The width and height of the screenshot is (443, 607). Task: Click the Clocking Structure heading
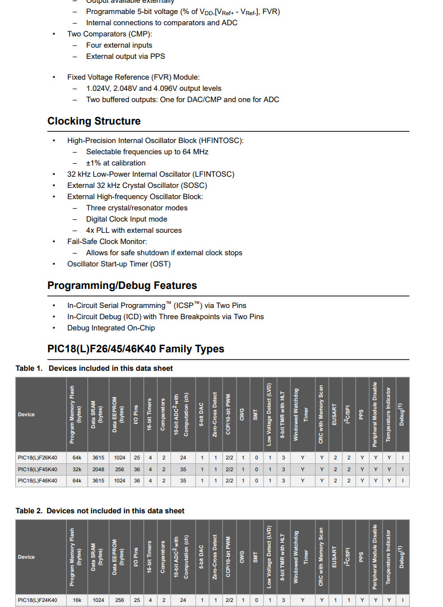click(94, 121)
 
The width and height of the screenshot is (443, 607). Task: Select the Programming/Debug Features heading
click(122, 286)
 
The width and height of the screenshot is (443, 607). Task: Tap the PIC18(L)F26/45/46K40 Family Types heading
click(136, 349)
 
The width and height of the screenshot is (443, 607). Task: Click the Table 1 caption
click(94, 369)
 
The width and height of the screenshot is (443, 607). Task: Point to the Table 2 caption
click(100, 511)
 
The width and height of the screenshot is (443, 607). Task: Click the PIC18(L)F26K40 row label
click(38, 457)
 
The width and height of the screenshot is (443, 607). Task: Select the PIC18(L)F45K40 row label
click(38, 469)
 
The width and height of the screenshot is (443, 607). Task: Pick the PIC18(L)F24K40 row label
click(38, 600)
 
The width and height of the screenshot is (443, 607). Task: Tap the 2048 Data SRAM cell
click(99, 469)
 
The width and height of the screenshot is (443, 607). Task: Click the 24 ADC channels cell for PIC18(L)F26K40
click(183, 457)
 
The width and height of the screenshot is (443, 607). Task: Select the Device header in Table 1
click(26, 415)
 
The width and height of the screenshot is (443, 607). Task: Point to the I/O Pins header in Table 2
click(136, 557)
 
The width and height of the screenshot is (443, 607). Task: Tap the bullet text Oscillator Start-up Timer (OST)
click(119, 264)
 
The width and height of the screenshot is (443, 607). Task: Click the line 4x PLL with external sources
click(133, 231)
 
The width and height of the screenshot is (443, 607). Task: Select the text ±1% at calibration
click(116, 163)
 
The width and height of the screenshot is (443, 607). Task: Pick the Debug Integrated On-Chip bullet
click(111, 328)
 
